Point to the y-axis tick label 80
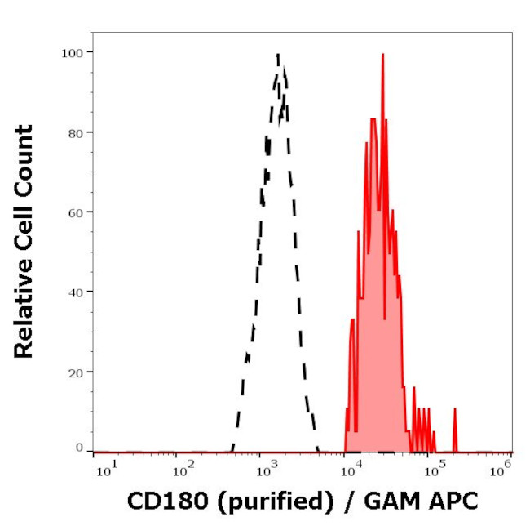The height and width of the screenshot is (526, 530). (73, 132)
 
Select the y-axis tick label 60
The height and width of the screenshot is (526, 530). (73, 212)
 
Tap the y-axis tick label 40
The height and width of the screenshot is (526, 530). (73, 292)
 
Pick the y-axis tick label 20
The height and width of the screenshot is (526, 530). (73, 372)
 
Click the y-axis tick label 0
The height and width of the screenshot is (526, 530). (79, 448)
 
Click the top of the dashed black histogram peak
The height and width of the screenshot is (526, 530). (278, 55)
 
